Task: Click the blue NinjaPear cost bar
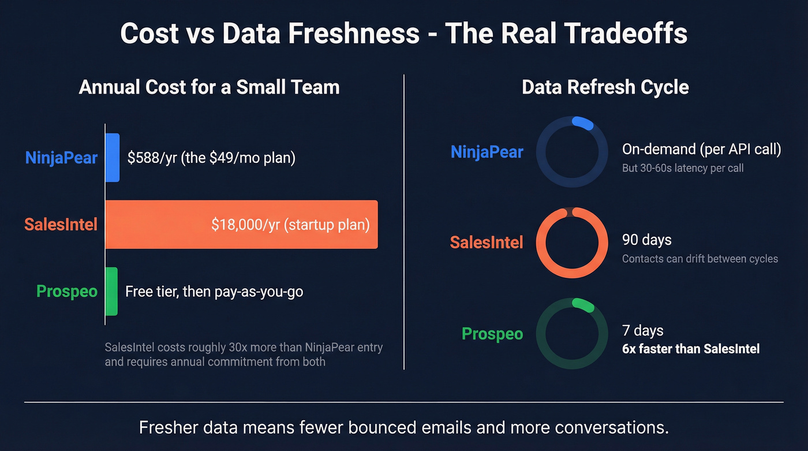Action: [x=113, y=158]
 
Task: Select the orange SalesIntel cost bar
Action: [x=241, y=225]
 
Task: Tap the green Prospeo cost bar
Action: [x=111, y=291]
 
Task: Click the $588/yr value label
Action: [x=211, y=158]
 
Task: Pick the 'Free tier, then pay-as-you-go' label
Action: [x=214, y=292]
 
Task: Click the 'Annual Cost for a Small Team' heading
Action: [x=209, y=87]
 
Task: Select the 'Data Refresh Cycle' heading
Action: [x=605, y=87]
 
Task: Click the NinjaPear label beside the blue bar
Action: [x=61, y=158]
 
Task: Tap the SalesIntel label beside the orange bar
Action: [x=61, y=224]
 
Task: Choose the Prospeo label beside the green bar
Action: [x=67, y=291]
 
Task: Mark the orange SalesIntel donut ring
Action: [x=572, y=215]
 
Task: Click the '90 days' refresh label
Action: [x=646, y=240]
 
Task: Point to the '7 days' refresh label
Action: [x=642, y=331]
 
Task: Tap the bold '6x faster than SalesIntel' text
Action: [x=690, y=349]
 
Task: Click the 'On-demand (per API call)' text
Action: [x=701, y=150]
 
